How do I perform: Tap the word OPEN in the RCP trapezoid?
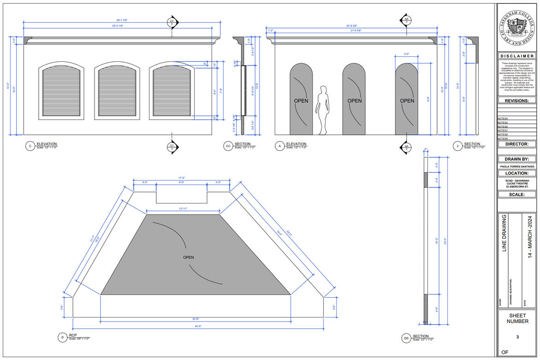189,258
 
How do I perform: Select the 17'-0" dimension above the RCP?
182,178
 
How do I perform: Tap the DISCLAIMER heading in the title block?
517,56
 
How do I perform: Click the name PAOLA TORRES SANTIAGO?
517,166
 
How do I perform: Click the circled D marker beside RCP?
62,338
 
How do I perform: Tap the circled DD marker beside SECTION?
406,338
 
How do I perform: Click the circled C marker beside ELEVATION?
30,146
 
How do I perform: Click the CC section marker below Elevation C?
172,147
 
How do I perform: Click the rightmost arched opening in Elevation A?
407,99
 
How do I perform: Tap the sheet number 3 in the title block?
517,337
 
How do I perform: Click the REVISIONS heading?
517,101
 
